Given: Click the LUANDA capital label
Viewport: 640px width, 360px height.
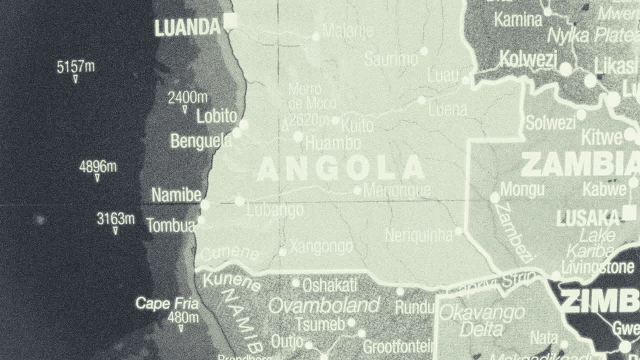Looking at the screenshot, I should (x=187, y=28).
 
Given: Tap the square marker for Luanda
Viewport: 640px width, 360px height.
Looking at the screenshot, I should (x=230, y=20).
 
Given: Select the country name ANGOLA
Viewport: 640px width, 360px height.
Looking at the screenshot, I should (x=340, y=169).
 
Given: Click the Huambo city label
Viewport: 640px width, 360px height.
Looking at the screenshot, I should (x=333, y=143).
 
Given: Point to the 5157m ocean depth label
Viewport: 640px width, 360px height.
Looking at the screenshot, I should (x=75, y=66).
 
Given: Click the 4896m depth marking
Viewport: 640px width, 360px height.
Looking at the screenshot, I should (x=97, y=166).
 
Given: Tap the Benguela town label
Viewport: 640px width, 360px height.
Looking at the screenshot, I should (x=201, y=141).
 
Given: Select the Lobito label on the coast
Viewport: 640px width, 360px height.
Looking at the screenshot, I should (x=216, y=116).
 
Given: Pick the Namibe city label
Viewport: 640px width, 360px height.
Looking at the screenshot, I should (x=176, y=195).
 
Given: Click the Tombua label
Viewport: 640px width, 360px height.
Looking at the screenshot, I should (x=170, y=225).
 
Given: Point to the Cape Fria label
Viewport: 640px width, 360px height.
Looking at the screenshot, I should (x=167, y=303).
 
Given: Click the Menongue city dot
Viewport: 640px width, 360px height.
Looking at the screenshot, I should (x=357, y=190).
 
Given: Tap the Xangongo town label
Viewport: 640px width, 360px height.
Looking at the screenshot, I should (x=321, y=247).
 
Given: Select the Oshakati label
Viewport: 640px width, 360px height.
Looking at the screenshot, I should (x=329, y=285).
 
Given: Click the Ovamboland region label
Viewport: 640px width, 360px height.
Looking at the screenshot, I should (x=324, y=305).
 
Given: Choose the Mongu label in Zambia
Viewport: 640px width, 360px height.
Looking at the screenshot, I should (x=522, y=189).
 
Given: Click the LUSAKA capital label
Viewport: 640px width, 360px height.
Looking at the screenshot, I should (x=588, y=218).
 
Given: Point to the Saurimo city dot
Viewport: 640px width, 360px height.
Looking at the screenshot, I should (x=424, y=51).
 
